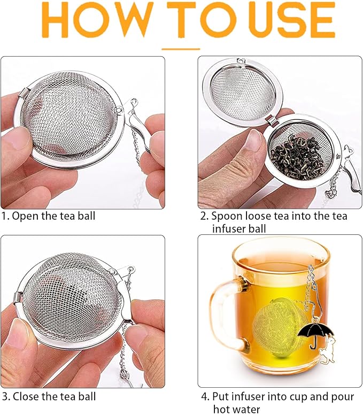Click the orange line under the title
click(x=181, y=49)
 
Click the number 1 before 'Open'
click(x=4, y=216)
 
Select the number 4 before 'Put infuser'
click(x=204, y=396)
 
